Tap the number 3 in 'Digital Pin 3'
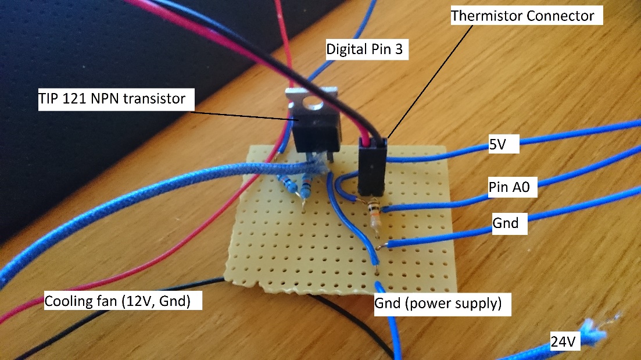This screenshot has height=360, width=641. [399, 49]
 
